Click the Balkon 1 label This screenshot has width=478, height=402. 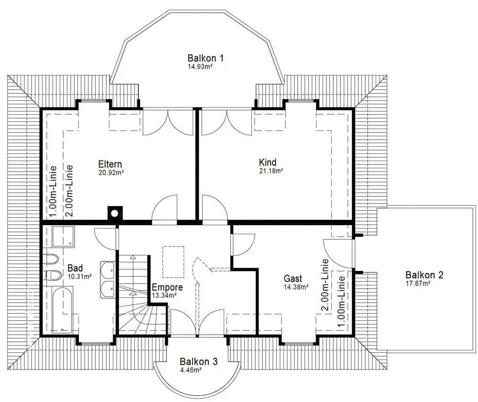(206, 58)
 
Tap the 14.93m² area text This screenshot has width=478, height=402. (200, 67)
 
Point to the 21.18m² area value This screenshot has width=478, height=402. (271, 171)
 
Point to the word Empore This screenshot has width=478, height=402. (167, 288)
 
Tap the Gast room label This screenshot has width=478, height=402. (293, 278)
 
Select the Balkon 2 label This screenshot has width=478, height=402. (424, 275)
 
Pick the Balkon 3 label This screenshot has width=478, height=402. (198, 361)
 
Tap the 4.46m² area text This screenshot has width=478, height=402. (190, 369)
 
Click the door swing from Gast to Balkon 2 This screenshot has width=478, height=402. (337, 253)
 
